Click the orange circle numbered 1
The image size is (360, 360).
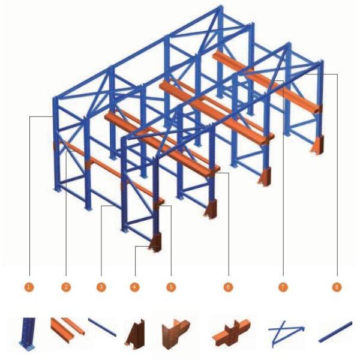click(x=29, y=287)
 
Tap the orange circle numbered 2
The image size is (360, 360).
click(x=66, y=287)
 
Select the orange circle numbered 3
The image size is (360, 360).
click(x=101, y=287)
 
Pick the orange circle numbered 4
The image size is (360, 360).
click(x=135, y=287)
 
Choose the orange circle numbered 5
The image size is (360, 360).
click(x=171, y=287)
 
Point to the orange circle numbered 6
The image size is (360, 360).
click(x=228, y=287)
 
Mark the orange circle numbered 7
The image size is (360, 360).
click(x=283, y=287)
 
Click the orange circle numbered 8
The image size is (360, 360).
click(x=337, y=287)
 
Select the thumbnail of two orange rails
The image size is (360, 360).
click(x=67, y=329)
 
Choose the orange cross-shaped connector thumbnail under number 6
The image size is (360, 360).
click(x=231, y=332)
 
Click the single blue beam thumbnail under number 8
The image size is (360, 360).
click(x=335, y=332)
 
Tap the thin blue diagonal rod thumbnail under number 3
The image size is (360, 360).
click(x=103, y=328)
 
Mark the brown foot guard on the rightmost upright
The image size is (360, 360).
click(x=317, y=145)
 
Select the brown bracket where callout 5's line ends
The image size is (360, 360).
click(x=158, y=204)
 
